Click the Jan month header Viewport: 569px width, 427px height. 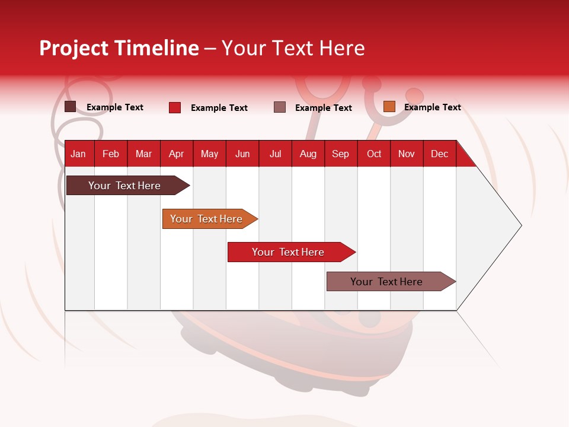coord(78,154)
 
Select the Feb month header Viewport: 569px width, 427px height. coord(111,154)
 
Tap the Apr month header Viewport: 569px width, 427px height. coord(177,154)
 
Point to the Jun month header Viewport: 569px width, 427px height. coord(242,154)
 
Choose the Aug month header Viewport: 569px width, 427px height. coord(308,154)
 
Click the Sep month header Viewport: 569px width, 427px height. coord(341,154)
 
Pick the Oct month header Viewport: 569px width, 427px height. coord(374,154)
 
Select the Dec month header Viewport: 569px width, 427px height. coord(440,154)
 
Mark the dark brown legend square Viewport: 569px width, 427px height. coord(71,107)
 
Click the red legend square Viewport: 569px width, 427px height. coord(175,107)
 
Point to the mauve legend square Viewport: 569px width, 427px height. coord(280,107)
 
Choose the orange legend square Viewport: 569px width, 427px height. coord(389,107)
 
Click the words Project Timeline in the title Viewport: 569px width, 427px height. coord(119,48)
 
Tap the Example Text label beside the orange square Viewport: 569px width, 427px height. coord(432,107)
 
